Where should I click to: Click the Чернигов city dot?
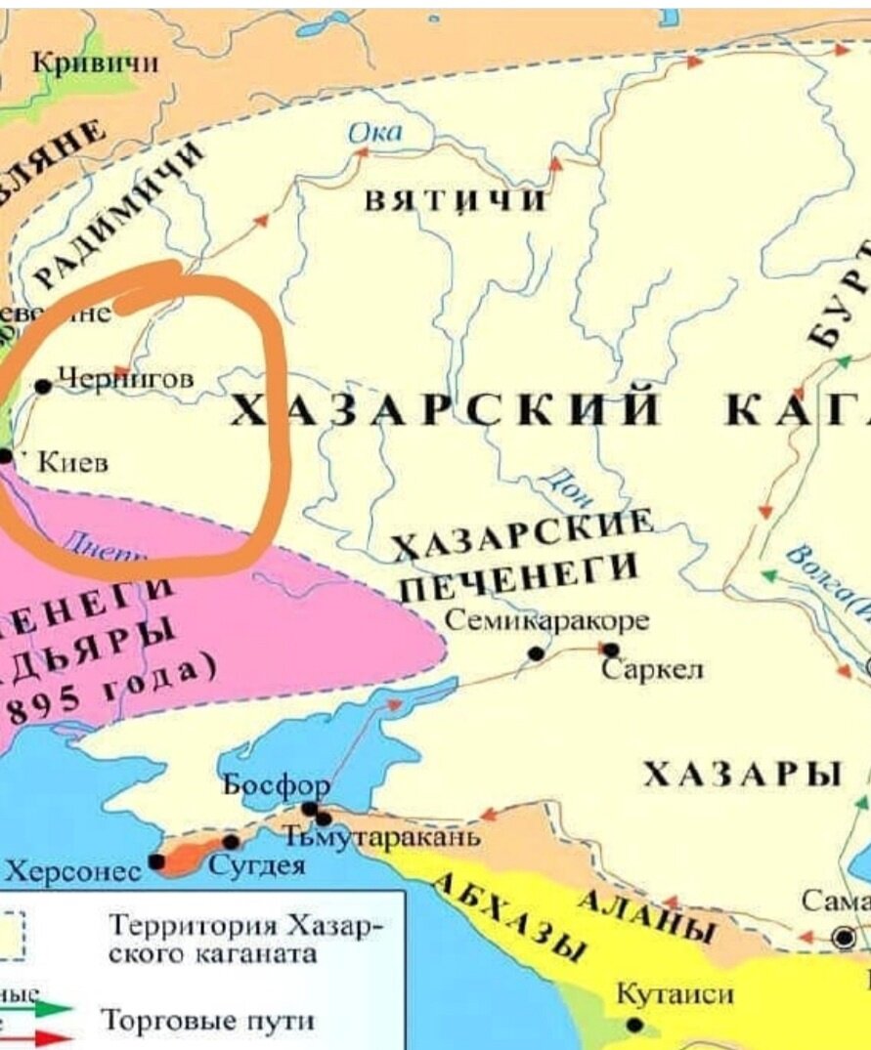click(x=43, y=386)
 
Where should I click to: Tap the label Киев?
click(x=72, y=463)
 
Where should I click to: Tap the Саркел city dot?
click(x=611, y=650)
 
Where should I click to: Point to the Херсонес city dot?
click(x=156, y=862)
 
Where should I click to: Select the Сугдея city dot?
click(x=231, y=842)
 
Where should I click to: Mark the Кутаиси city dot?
click(x=635, y=1025)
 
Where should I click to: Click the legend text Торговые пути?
click(x=209, y=1022)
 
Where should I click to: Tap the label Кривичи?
click(x=96, y=64)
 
